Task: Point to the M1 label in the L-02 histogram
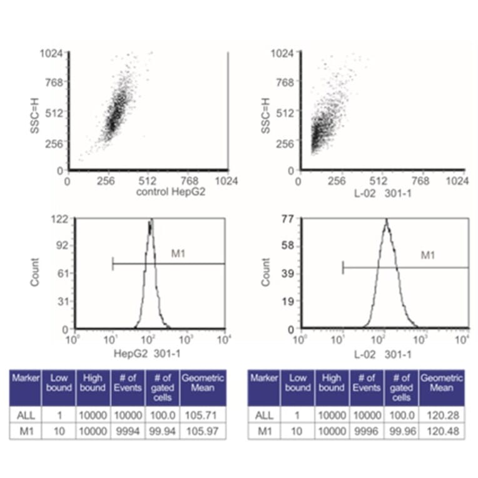point(427,255)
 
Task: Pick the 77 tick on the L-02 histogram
point(288,220)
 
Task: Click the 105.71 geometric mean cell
point(202,414)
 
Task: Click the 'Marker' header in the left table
point(25,379)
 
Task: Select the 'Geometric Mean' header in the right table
point(440,383)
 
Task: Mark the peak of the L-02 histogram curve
point(386,221)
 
